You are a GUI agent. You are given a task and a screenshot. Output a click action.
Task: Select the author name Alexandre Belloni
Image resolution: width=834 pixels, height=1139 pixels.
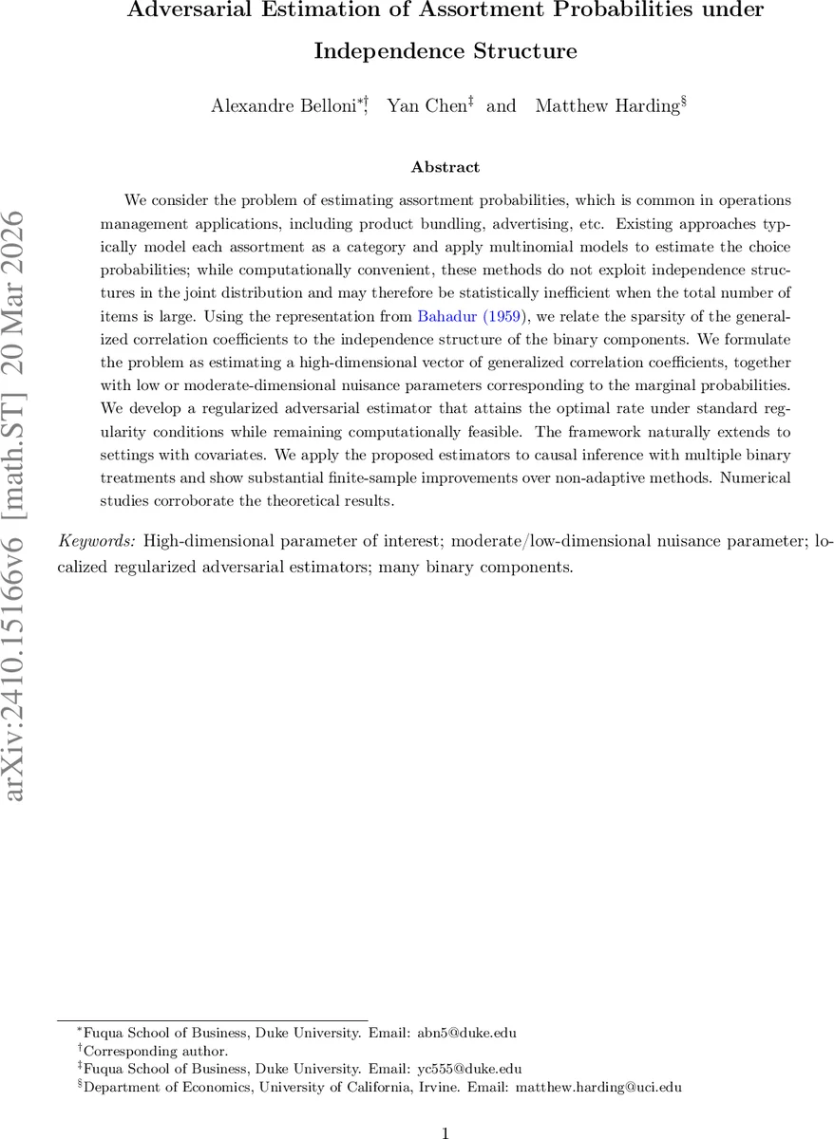tap(269, 105)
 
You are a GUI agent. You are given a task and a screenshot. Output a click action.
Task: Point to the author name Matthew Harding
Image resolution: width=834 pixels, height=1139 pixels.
tap(605, 105)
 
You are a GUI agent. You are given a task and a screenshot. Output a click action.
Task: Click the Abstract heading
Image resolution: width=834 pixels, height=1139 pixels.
tap(445, 167)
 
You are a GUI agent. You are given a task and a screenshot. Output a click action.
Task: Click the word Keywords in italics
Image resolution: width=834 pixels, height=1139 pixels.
tap(98, 542)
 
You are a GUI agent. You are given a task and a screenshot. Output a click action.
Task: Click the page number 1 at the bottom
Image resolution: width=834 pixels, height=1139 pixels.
tap(445, 1132)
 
